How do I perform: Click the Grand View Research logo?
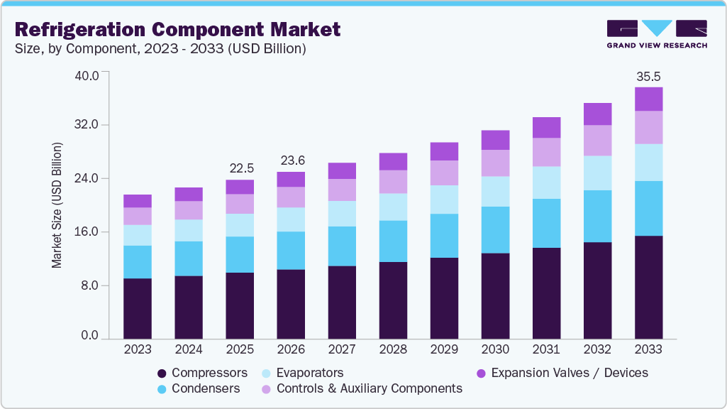(656, 33)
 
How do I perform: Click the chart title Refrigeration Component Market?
(177, 29)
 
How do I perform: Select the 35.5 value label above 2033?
(648, 76)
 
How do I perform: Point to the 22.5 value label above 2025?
(240, 168)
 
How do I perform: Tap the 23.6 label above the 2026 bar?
(291, 160)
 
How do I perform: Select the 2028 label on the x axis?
(393, 349)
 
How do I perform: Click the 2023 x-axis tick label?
(137, 349)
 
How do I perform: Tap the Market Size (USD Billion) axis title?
(57, 205)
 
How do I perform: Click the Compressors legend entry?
(202, 373)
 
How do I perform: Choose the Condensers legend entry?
(199, 388)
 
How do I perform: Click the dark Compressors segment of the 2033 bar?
(648, 287)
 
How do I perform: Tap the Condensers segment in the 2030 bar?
(495, 230)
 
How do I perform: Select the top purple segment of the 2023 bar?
(137, 201)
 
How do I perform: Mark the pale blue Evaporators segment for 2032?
(597, 173)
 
